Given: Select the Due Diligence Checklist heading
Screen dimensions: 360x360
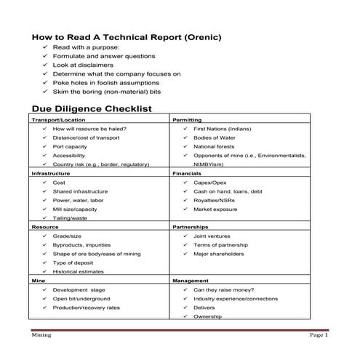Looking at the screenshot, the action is (x=91, y=108).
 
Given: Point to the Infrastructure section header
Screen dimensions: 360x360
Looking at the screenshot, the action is (x=49, y=174).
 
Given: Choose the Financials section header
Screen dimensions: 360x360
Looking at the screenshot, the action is (x=187, y=174).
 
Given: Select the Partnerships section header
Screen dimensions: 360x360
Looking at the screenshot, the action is (x=191, y=227).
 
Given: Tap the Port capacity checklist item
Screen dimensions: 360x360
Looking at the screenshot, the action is (x=70, y=146).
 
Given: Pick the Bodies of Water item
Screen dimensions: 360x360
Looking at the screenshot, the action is (x=215, y=137).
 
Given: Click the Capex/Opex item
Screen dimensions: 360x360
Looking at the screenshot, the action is (x=210, y=183).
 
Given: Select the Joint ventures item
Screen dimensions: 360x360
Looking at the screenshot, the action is (x=212, y=236).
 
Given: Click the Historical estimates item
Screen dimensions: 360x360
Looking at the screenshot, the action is (x=78, y=271).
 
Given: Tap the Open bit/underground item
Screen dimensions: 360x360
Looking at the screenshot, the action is (x=81, y=298).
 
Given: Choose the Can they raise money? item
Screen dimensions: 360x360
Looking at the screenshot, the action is (x=224, y=289).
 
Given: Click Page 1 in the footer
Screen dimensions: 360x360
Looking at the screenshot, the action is (x=319, y=336).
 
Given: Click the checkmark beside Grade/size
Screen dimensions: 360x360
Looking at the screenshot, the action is (x=44, y=236).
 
